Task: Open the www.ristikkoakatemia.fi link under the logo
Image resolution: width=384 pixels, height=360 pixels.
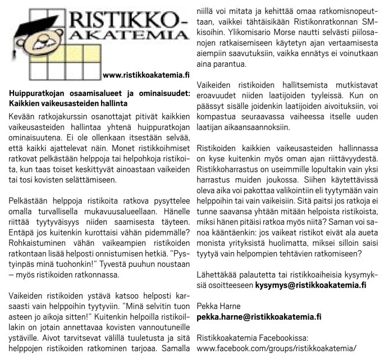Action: point(147,74)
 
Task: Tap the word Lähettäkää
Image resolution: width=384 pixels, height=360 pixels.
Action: point(218,275)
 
